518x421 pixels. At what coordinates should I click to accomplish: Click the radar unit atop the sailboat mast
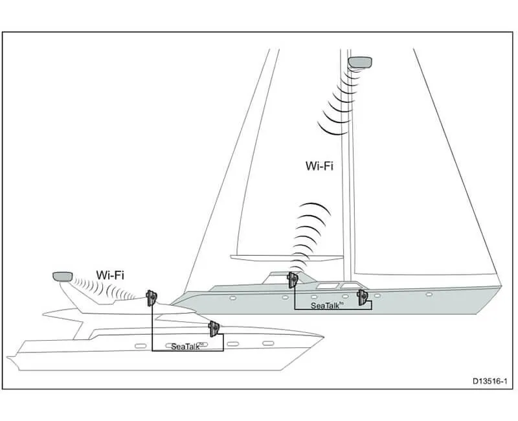pos(360,62)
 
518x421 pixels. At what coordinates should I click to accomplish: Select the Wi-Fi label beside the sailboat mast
pos(319,166)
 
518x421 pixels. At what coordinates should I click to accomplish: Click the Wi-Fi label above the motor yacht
pos(110,275)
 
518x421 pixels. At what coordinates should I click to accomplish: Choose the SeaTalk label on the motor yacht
pos(187,347)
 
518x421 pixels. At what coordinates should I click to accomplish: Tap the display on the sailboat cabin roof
pos(292,280)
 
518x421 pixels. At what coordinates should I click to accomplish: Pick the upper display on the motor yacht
pos(152,299)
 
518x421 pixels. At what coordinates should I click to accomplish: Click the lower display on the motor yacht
pos(212,328)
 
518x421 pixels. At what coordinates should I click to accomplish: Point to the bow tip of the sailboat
pos(501,286)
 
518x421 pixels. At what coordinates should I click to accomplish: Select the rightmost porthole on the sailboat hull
pos(429,294)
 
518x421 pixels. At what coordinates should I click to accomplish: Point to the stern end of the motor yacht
pos(9,358)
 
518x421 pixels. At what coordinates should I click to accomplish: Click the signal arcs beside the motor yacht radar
pos(97,288)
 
